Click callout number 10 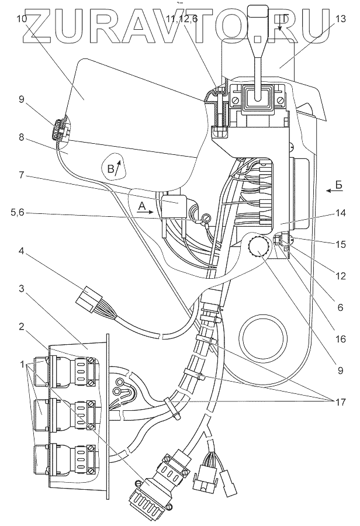click(22, 19)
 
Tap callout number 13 click(340, 19)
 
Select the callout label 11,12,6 click(182, 19)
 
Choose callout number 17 click(340, 401)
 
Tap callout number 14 click(340, 213)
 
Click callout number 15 click(340, 244)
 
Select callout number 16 click(340, 339)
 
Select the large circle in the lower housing click(265, 337)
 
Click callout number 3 click(22, 288)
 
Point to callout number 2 click(22, 326)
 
